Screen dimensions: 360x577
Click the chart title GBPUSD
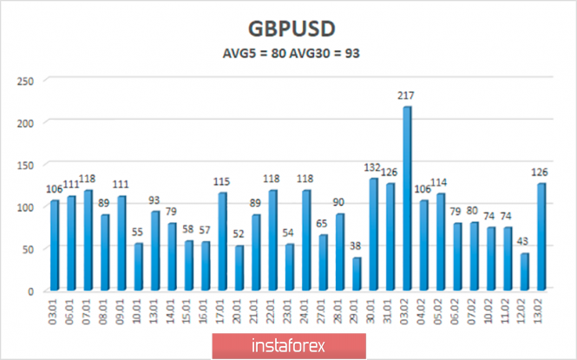[290, 25]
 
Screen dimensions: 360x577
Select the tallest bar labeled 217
[407, 199]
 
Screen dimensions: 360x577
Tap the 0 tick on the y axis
[30, 291]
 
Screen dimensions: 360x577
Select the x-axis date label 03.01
[56, 311]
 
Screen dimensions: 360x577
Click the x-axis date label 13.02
[541, 311]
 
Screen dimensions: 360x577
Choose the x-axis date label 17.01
[222, 311]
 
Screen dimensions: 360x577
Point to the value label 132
[373, 167]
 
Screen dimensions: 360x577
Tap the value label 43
[524, 243]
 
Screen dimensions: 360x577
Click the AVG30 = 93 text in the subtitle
[326, 52]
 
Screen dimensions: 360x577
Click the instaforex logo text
[289, 345]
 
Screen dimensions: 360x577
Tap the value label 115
[222, 181]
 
